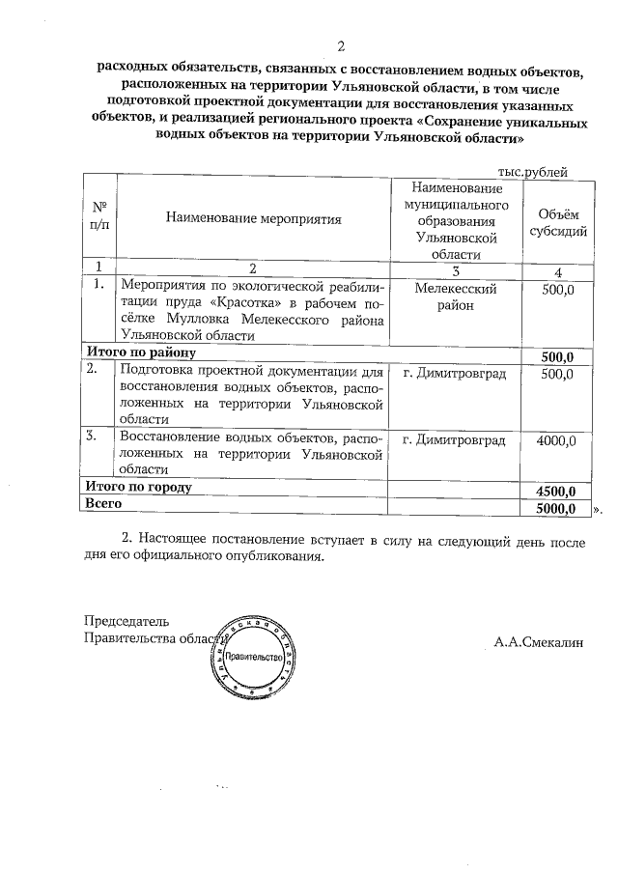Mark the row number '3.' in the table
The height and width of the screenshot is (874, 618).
click(95, 437)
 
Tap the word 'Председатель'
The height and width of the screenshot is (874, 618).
click(126, 620)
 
